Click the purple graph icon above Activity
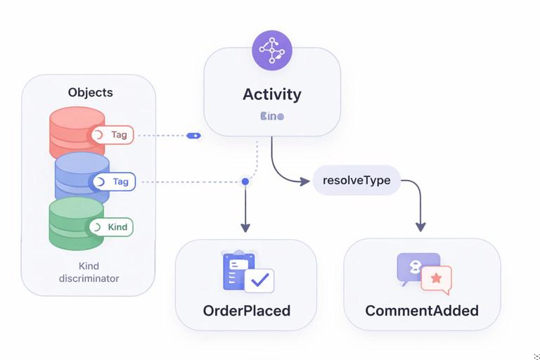tap(271, 50)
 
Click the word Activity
tap(271, 94)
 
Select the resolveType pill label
tap(356, 180)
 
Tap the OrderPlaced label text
tap(246, 310)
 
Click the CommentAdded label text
tap(422, 310)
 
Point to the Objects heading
tap(90, 92)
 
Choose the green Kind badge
tap(111, 227)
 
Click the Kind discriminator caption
tap(89, 272)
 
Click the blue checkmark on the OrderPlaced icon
tap(261, 280)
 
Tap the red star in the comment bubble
tap(436, 278)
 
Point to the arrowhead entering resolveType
tap(304, 181)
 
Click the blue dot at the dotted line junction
tap(245, 181)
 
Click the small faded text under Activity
tap(271, 116)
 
